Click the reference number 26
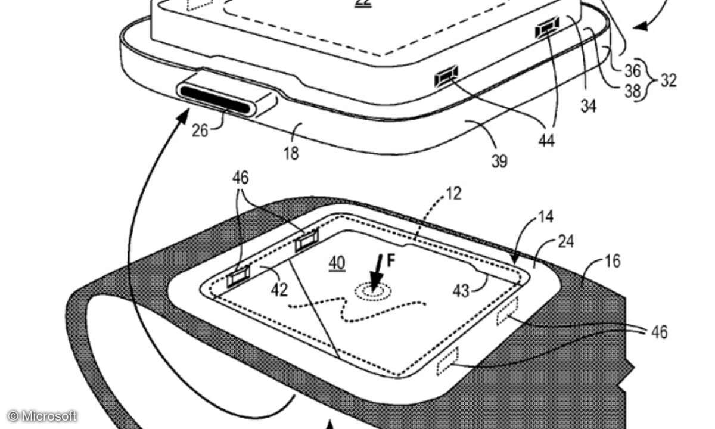[x=200, y=130]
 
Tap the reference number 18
[x=291, y=153]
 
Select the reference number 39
[x=499, y=161]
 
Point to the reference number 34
[x=588, y=106]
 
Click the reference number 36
[x=632, y=71]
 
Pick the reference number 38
[x=632, y=91]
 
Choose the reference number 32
[x=669, y=81]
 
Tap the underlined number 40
[x=337, y=263]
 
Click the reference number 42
[x=279, y=290]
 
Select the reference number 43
[x=461, y=291]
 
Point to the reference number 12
[x=454, y=194]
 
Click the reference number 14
[x=546, y=217]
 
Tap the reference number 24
[x=565, y=242]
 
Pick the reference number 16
[x=613, y=261]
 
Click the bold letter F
[x=391, y=261]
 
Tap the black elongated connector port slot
[x=215, y=100]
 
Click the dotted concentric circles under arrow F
[x=374, y=291]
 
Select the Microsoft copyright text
[x=42, y=416]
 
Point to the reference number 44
[x=546, y=140]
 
